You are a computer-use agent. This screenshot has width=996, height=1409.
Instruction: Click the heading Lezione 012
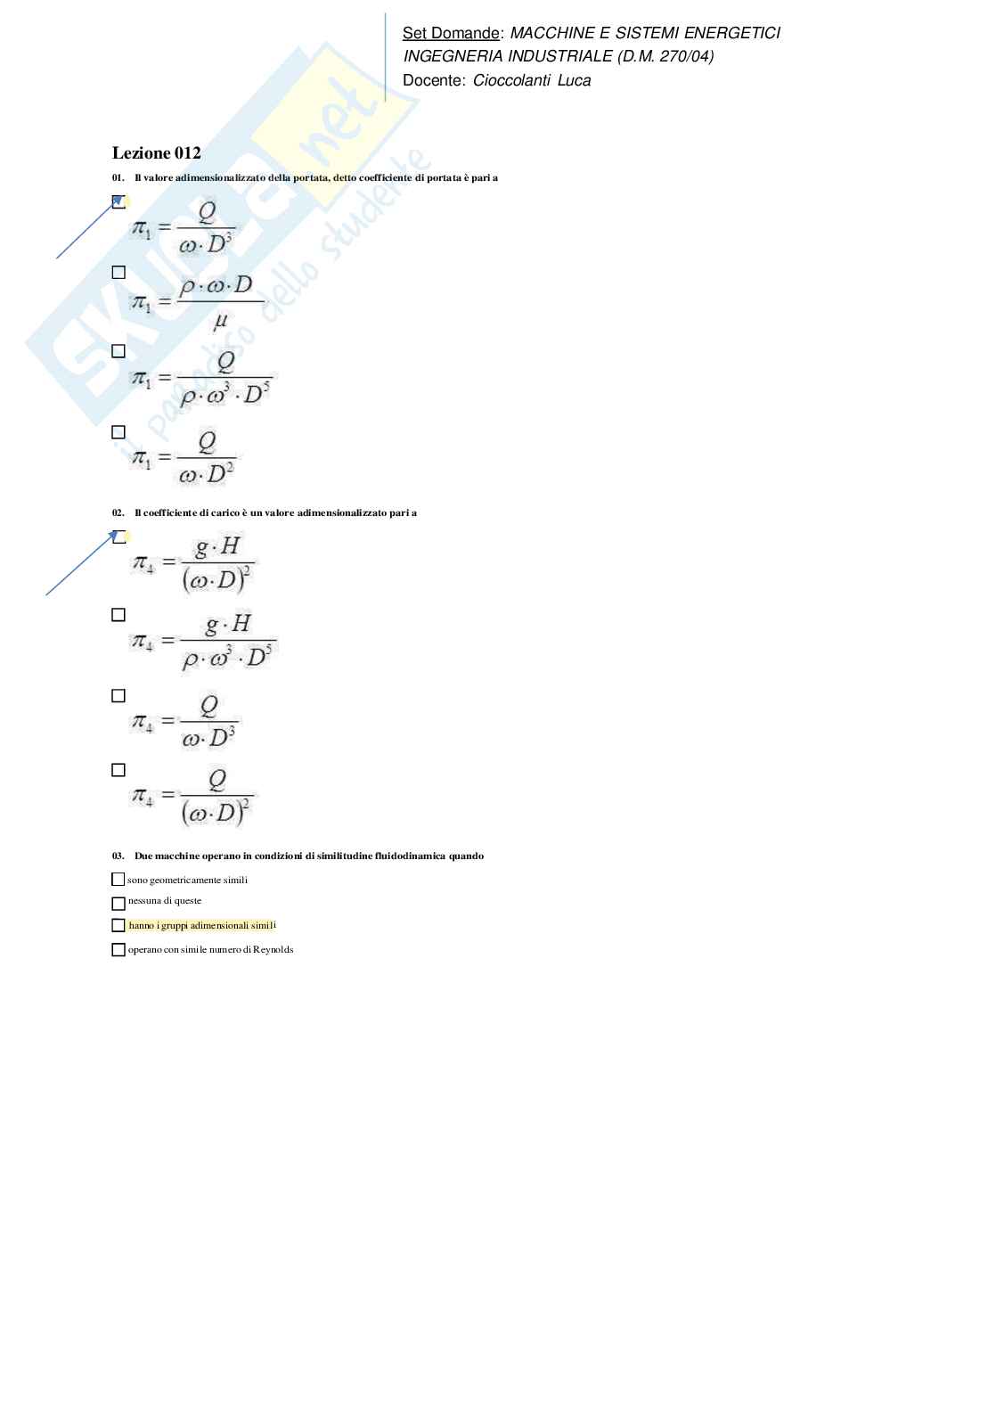pyautogui.click(x=156, y=153)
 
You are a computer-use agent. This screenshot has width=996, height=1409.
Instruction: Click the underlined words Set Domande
pyautogui.click(x=450, y=33)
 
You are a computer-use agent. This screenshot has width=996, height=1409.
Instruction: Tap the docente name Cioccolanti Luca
pyautogui.click(x=532, y=80)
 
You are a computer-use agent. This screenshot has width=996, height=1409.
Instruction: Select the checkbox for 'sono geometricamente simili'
pyautogui.click(x=118, y=880)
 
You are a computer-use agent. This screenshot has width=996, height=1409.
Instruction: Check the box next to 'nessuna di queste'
pyautogui.click(x=118, y=903)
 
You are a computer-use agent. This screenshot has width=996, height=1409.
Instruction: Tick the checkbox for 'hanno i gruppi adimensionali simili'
pyautogui.click(x=118, y=926)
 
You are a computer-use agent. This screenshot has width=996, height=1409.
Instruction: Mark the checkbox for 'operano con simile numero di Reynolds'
pyautogui.click(x=118, y=950)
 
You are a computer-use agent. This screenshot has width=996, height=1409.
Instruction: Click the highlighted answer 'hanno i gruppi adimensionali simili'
pyautogui.click(x=202, y=926)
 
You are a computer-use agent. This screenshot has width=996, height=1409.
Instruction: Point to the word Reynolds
pyautogui.click(x=273, y=950)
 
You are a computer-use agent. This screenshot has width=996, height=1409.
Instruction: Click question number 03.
pyautogui.click(x=118, y=856)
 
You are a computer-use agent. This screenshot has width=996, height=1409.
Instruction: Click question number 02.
pyautogui.click(x=118, y=513)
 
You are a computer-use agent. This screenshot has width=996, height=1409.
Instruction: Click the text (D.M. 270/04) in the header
pyautogui.click(x=665, y=56)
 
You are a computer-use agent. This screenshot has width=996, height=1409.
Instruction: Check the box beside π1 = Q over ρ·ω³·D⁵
pyautogui.click(x=118, y=351)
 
